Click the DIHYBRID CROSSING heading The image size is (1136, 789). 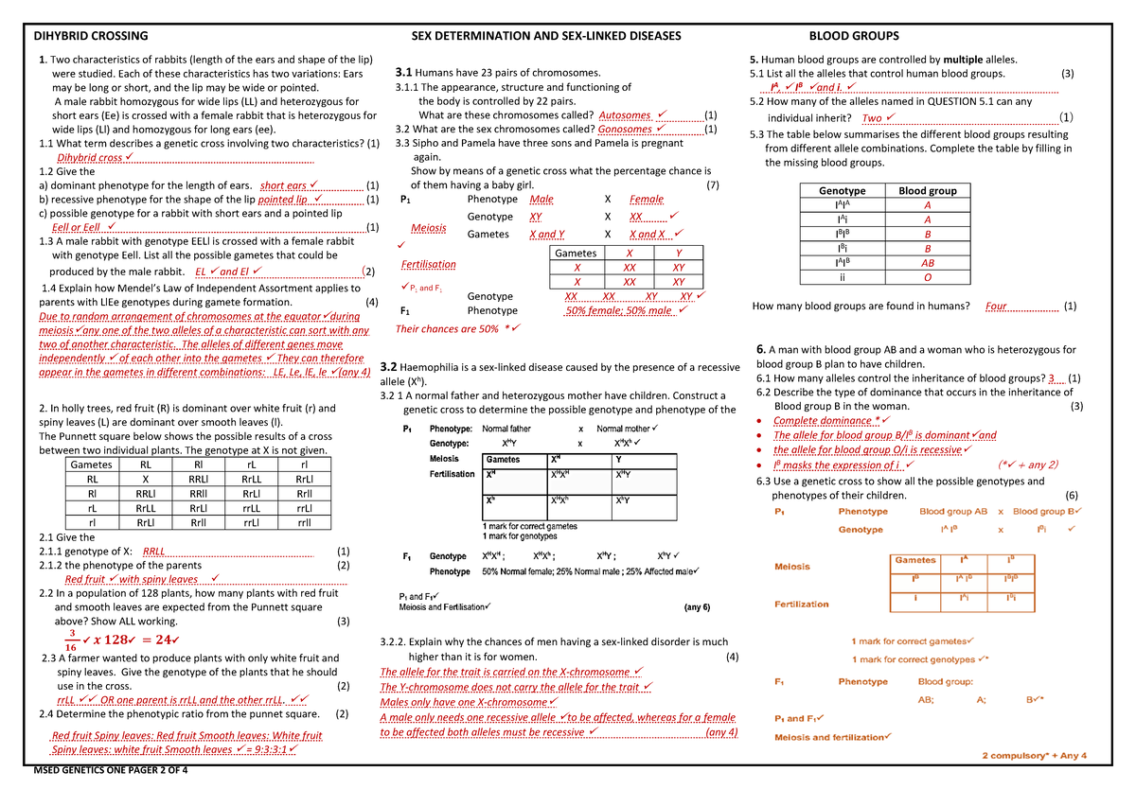(91, 36)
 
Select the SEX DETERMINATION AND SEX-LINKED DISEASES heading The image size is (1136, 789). (545, 36)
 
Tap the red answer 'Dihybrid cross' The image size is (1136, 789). (91, 157)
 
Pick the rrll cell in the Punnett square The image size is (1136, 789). (304, 521)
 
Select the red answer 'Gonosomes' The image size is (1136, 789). (626, 129)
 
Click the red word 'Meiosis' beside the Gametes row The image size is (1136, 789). (429, 228)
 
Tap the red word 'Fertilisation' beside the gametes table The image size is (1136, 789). (428, 264)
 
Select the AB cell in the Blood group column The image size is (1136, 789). (928, 264)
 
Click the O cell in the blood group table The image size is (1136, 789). (928, 278)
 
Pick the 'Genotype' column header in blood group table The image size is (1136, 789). (842, 190)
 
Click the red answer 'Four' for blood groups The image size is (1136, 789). (996, 306)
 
